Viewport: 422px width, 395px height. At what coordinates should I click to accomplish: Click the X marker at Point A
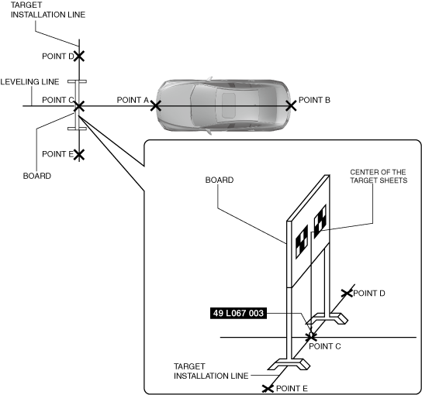click(x=156, y=106)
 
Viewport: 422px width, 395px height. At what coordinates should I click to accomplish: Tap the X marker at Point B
click(x=291, y=106)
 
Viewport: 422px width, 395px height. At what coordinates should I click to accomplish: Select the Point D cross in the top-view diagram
click(x=79, y=57)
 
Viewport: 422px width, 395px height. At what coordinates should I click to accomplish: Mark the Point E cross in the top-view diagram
click(x=79, y=154)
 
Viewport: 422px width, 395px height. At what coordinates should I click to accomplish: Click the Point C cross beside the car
click(x=79, y=106)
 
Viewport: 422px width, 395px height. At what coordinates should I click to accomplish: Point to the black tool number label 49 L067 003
click(x=238, y=314)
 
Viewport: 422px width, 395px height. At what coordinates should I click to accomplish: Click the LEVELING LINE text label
click(x=29, y=81)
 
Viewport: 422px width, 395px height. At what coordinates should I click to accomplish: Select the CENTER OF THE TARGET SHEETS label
click(x=379, y=176)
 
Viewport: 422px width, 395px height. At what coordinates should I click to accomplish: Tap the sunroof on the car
click(x=229, y=105)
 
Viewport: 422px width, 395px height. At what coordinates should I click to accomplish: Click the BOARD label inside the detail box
click(x=220, y=180)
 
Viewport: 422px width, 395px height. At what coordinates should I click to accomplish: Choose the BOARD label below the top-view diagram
click(x=37, y=176)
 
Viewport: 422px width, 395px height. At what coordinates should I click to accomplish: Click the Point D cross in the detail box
click(x=347, y=294)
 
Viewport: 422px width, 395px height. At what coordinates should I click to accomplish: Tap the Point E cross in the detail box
click(x=268, y=388)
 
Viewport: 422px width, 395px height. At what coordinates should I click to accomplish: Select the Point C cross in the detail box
click(x=311, y=337)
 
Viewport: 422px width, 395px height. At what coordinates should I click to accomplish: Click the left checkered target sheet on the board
click(x=302, y=242)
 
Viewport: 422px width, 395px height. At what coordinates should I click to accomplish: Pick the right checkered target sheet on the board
click(x=320, y=222)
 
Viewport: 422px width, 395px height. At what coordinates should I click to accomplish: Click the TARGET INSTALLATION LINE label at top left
click(x=48, y=9)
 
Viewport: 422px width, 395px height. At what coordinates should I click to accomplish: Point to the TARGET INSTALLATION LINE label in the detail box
click(x=211, y=371)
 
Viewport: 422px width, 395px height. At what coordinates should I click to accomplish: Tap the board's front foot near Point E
click(x=289, y=364)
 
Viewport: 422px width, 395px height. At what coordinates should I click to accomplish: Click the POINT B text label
click(x=314, y=100)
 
